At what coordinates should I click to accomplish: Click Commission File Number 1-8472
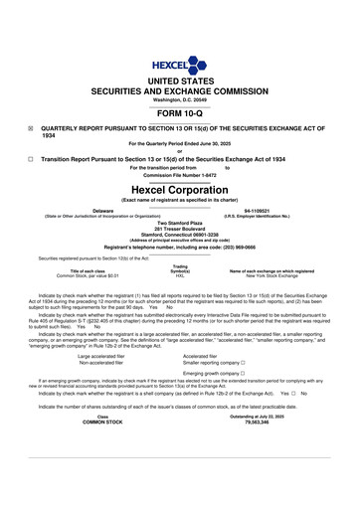point(179,175)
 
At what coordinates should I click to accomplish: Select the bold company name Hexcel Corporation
point(179,188)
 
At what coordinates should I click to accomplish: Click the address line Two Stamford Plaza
point(179,225)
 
